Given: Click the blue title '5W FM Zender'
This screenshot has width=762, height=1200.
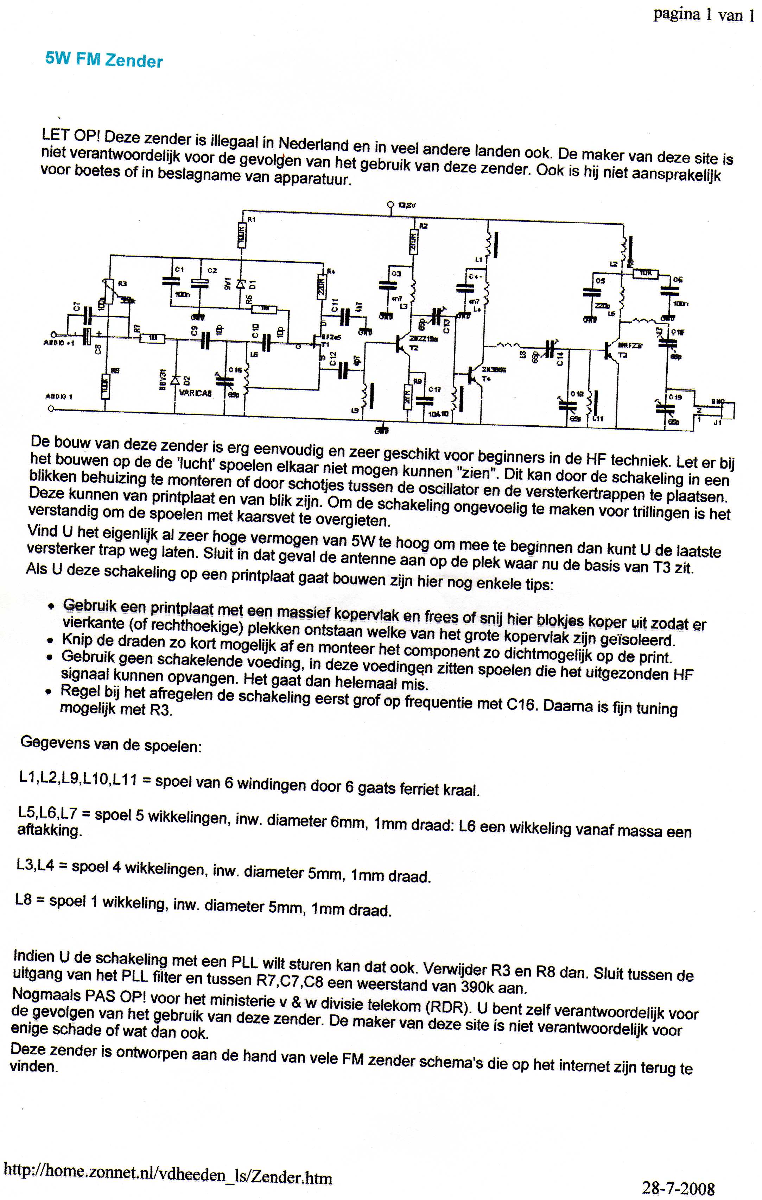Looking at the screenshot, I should (104, 60).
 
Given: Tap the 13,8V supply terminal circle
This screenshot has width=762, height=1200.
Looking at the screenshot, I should (390, 204).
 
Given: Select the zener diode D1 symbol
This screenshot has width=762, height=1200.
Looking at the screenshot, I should (241, 285).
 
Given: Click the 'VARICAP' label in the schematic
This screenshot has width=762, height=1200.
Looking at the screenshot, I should (195, 393).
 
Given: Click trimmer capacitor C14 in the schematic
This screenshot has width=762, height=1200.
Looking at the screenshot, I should (550, 349).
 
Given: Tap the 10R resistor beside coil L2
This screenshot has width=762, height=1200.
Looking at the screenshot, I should (645, 273).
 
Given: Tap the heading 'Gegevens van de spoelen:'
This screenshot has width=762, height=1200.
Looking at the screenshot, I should (110, 744).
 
